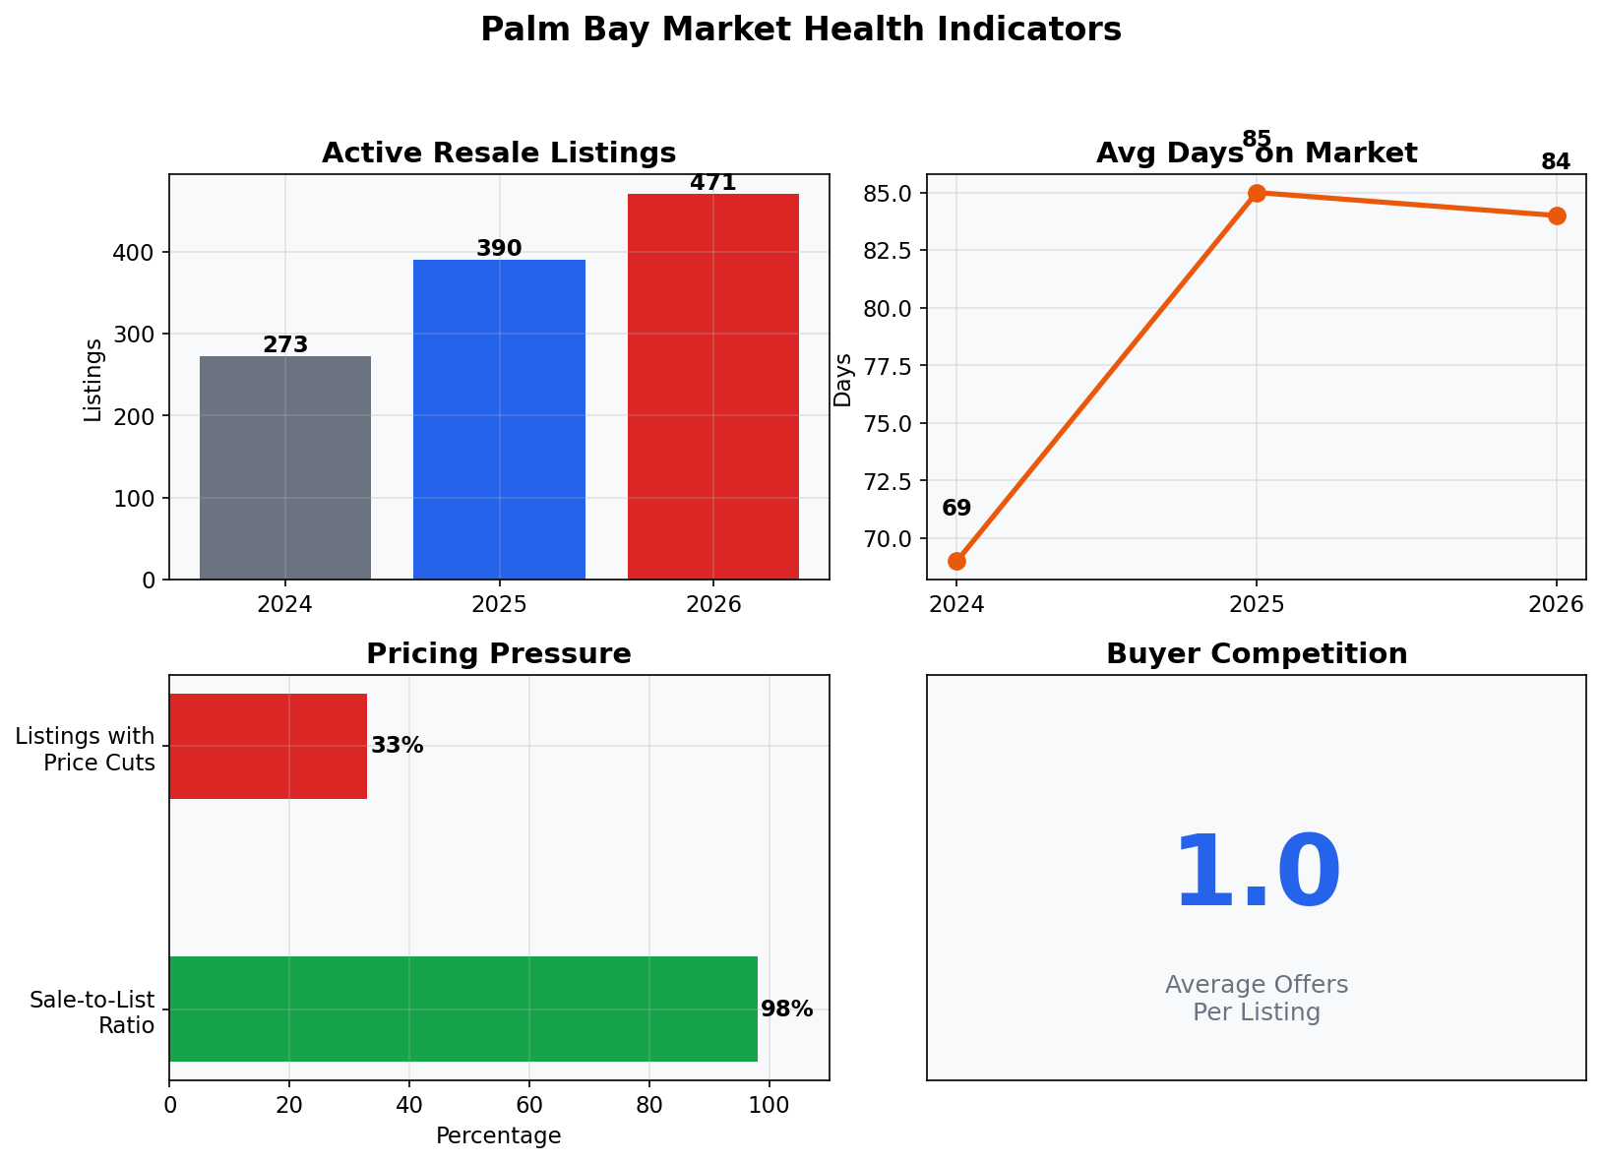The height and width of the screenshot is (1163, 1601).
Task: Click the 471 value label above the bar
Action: tap(713, 183)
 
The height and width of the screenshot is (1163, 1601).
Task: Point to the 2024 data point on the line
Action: tap(956, 561)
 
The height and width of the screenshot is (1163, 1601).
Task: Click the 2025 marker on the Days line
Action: tap(1257, 193)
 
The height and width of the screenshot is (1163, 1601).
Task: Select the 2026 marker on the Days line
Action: tap(1557, 215)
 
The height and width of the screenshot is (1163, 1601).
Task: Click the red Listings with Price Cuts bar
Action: tap(268, 746)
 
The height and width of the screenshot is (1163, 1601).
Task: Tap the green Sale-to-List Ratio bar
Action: tap(462, 1009)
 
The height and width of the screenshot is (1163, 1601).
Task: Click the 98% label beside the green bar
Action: tap(787, 1009)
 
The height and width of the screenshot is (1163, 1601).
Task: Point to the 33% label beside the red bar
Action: tap(398, 746)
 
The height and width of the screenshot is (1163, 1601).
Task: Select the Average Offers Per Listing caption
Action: tap(1257, 999)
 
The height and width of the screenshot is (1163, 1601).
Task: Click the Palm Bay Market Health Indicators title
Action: tap(800, 30)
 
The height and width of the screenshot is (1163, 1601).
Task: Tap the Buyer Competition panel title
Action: tap(1257, 654)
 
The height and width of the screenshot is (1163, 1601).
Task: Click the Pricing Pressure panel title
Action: tap(499, 654)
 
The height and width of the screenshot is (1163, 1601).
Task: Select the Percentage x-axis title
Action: tap(499, 1136)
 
